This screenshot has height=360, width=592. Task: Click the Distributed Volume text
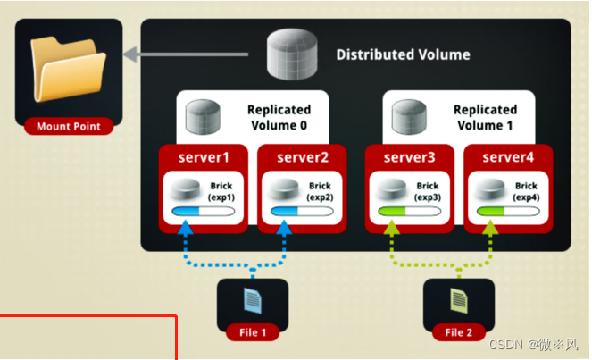[403, 54]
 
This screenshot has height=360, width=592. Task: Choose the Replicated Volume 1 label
[485, 117]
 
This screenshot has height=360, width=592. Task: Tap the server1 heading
[204, 158]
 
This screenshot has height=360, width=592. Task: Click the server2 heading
[304, 158]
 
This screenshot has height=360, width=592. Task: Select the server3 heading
[410, 158]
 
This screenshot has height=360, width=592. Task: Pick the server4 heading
[509, 158]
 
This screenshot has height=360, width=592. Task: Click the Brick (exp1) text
[221, 190]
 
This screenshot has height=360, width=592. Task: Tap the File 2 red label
[459, 333]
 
